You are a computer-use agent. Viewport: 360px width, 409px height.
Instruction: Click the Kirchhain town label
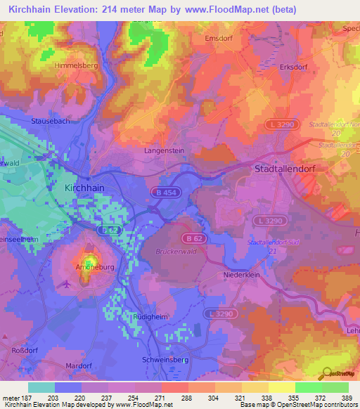(x=79, y=190)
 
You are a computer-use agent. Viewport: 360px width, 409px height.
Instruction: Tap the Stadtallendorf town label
(x=290, y=170)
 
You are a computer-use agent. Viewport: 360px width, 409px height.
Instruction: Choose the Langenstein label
(x=163, y=150)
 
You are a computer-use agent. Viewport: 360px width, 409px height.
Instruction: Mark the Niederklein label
(x=242, y=275)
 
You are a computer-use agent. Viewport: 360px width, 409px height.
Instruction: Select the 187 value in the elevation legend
(x=28, y=397)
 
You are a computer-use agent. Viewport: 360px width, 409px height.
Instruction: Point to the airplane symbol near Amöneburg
(x=67, y=284)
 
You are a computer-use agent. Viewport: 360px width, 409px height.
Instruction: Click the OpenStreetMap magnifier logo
(x=325, y=373)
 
